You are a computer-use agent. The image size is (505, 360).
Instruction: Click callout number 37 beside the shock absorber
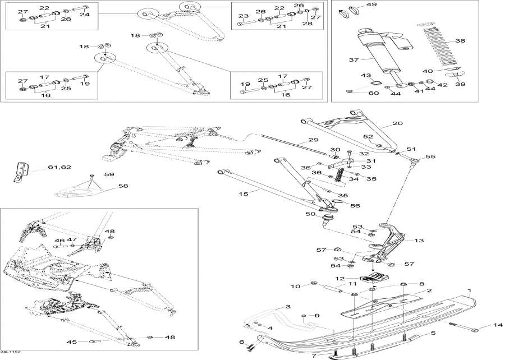click(353, 61)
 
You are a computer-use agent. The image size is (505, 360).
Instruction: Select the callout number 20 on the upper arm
click(398, 123)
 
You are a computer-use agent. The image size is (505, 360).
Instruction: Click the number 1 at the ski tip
click(470, 291)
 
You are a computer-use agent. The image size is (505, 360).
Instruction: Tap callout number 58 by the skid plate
click(122, 186)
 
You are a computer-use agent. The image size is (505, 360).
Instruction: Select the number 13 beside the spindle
click(419, 241)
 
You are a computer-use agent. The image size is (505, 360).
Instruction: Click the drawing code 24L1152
click(11, 353)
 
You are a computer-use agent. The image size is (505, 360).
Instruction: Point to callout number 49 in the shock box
click(372, 5)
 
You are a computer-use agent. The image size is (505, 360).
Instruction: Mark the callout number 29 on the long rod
click(312, 140)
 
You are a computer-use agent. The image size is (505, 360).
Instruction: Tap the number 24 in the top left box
click(84, 14)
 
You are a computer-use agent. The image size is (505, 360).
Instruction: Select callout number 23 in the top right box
click(243, 16)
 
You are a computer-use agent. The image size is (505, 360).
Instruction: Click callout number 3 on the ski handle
click(288, 307)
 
